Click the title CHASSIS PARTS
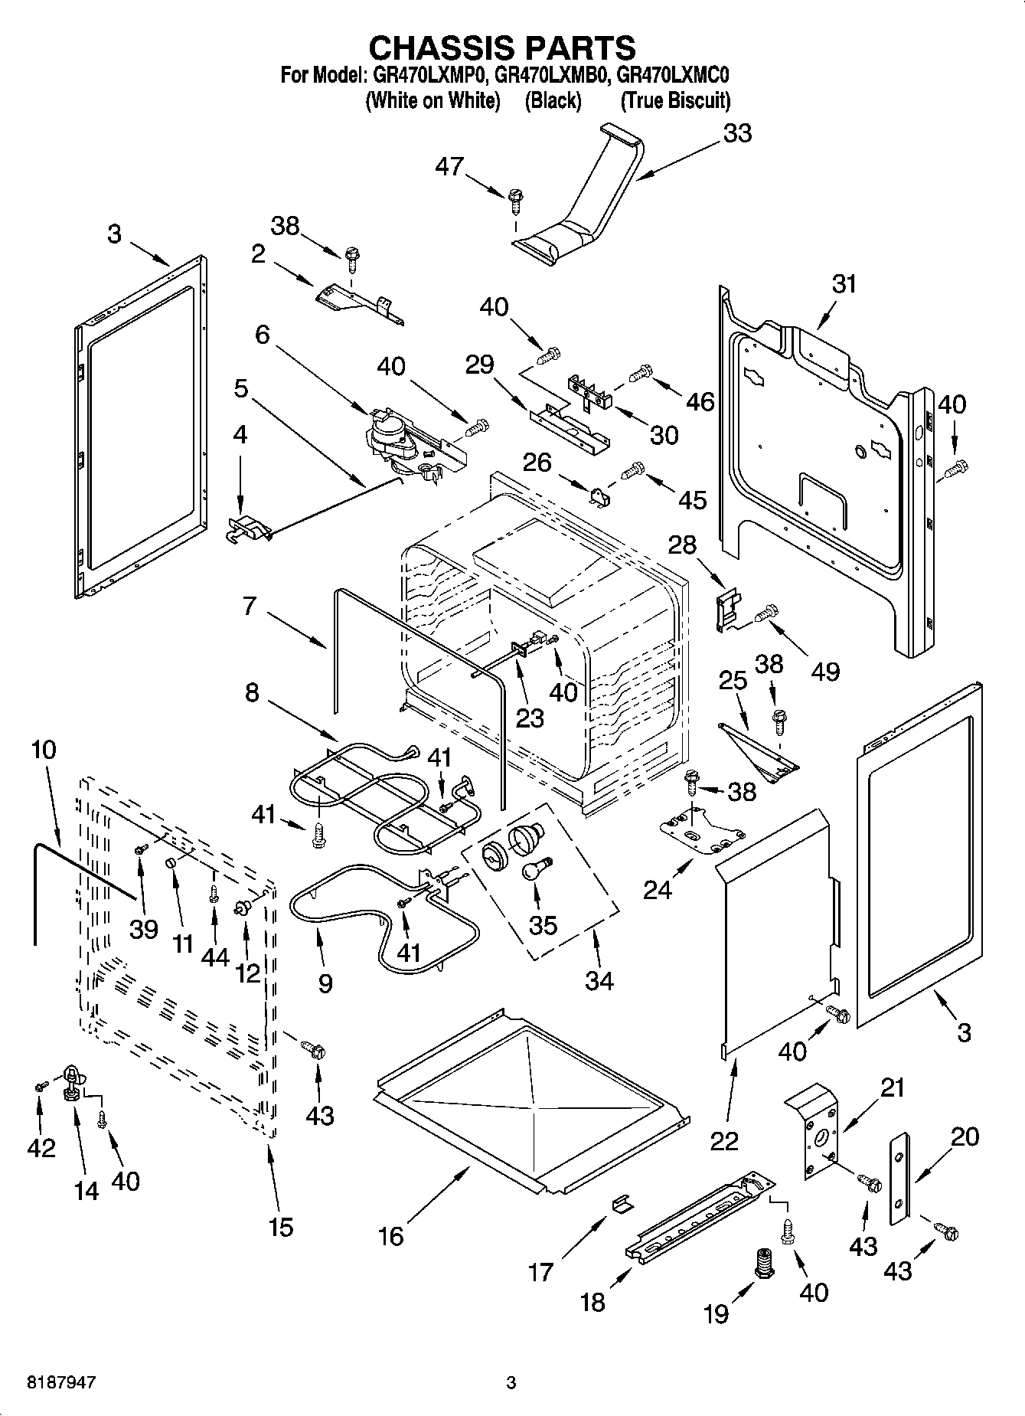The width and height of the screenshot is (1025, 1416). (502, 47)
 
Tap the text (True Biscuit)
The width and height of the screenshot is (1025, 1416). (675, 100)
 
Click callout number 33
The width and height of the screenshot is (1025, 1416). (737, 133)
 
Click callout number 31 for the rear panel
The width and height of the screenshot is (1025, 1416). (844, 284)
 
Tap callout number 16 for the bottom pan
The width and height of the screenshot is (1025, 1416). (390, 1235)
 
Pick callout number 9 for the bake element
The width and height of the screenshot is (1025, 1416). (325, 983)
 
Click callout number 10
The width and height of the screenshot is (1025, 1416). (44, 749)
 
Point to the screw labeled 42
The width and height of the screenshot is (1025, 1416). (41, 1085)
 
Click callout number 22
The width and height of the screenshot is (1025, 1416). (723, 1140)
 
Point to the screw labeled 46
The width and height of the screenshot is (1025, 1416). (640, 373)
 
